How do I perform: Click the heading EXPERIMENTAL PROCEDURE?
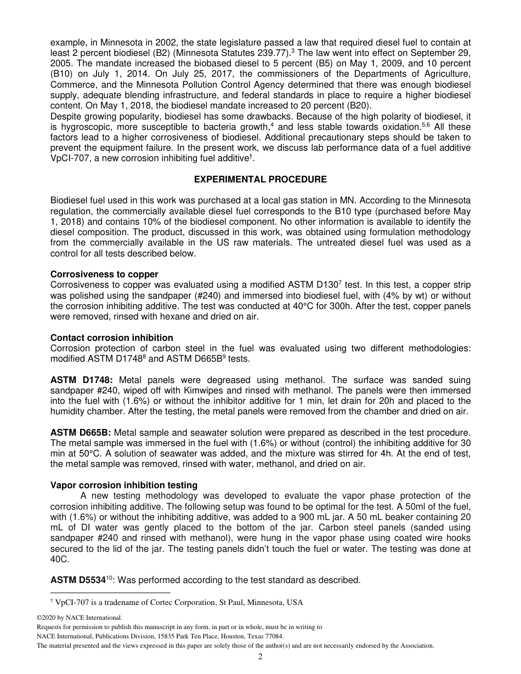(x=260, y=180)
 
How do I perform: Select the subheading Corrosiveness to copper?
(x=104, y=274)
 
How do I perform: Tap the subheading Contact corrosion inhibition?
(x=111, y=338)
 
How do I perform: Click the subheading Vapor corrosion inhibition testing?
(x=124, y=485)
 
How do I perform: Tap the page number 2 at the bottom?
(x=260, y=657)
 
